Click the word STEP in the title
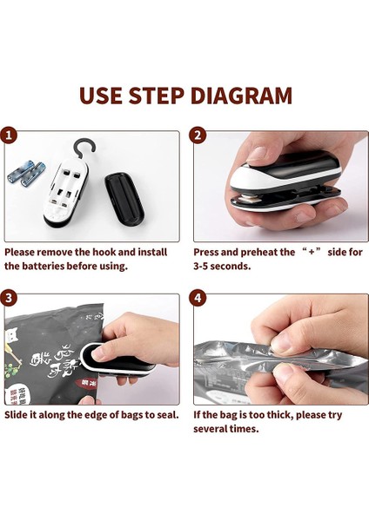156,96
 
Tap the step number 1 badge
8,135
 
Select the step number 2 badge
198,135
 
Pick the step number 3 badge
8,298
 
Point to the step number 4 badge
198,298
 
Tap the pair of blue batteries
25,173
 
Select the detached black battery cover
124,200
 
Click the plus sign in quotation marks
312,252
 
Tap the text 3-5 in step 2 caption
201,267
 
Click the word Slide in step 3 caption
16,415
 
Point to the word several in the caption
210,429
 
